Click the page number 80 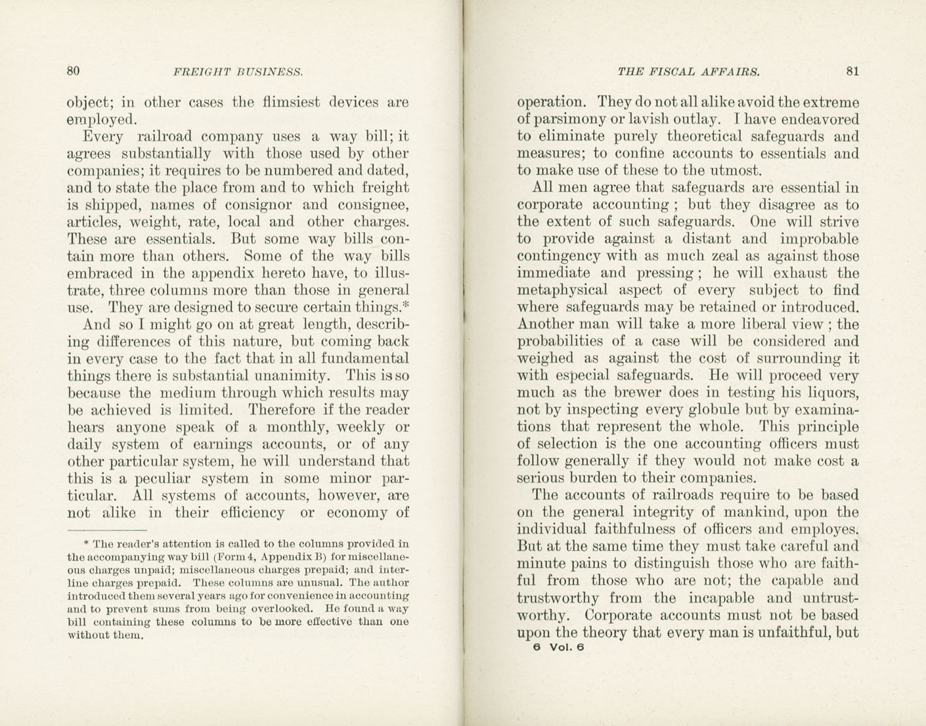[74, 72]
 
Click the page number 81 [852, 72]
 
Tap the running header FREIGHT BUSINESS [238, 72]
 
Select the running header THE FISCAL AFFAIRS [688, 72]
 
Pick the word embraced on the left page [99, 273]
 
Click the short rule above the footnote [107, 530]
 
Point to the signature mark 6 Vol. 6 [558, 647]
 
